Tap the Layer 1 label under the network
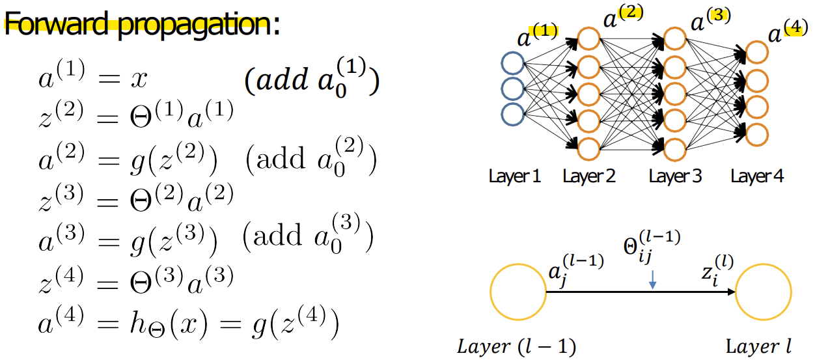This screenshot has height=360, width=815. pyautogui.click(x=514, y=176)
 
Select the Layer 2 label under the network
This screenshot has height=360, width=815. pyautogui.click(x=589, y=176)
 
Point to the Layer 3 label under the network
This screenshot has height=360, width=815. pyautogui.click(x=675, y=176)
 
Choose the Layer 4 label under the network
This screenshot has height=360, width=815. pyautogui.click(x=757, y=176)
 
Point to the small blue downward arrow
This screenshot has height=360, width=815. pyautogui.click(x=652, y=279)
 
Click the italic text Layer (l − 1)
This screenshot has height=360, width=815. pyautogui.click(x=517, y=346)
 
